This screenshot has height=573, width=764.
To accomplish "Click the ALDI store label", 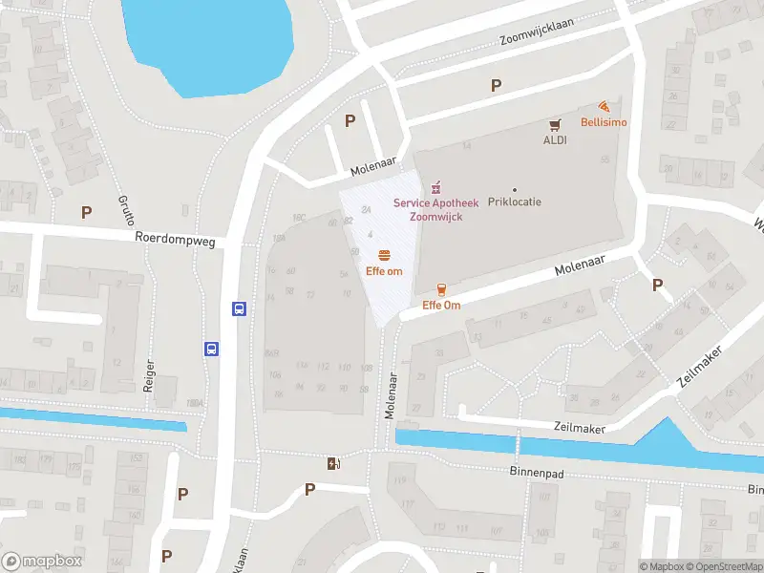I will click(x=555, y=139).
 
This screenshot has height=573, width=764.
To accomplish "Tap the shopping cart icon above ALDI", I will click(x=555, y=124).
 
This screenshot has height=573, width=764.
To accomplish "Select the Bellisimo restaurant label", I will click(x=604, y=121).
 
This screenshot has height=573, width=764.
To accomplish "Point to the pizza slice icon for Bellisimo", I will click(x=604, y=106).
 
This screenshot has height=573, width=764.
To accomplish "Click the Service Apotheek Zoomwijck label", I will click(x=435, y=210).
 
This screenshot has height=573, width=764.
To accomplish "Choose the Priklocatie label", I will click(x=515, y=203).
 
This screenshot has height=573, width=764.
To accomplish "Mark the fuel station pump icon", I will click(x=333, y=463).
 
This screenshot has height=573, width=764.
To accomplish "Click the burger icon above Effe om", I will click(x=384, y=255).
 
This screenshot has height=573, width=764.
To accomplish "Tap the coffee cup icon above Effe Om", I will click(x=441, y=289).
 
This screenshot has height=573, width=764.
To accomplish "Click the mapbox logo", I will click(x=43, y=562).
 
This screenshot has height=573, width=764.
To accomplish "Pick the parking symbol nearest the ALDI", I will click(x=496, y=86).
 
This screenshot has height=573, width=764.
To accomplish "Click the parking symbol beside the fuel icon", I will click(x=309, y=489).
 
